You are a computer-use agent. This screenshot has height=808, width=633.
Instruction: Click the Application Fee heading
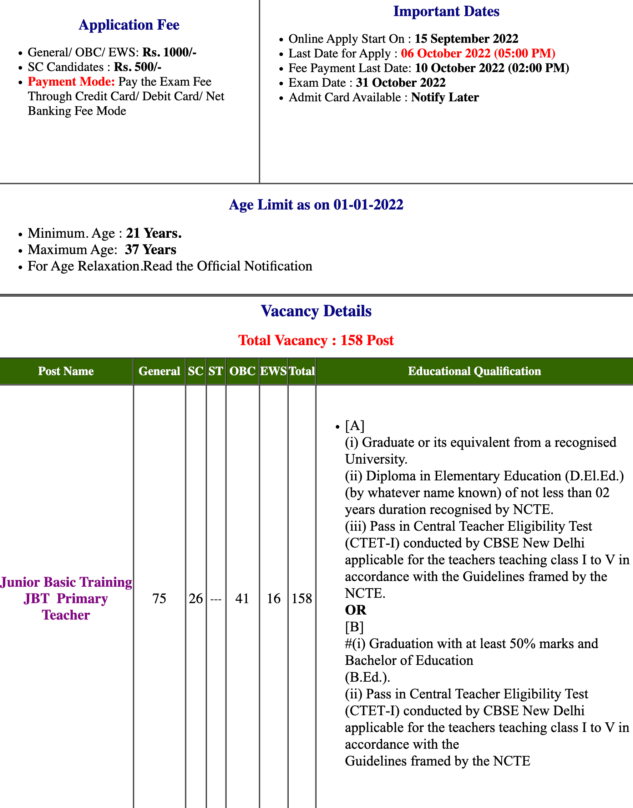point(129,25)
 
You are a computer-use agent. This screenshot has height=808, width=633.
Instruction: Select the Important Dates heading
point(446,11)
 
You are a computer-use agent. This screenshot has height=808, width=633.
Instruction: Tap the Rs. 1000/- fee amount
point(169,52)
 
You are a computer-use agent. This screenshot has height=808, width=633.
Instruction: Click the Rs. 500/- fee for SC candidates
point(137,67)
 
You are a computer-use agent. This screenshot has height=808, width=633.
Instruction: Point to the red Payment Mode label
point(71,81)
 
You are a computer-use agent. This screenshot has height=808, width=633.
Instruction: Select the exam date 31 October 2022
point(401,83)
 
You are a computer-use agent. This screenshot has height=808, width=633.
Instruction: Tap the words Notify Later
point(445,97)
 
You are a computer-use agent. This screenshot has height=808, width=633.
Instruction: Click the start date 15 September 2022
point(466,39)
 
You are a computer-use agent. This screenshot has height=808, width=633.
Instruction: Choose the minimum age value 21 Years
point(153,233)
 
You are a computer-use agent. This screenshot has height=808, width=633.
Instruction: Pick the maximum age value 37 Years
point(151,250)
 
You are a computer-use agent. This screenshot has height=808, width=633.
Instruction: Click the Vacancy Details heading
point(316,311)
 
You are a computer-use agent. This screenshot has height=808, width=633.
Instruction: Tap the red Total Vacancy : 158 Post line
point(316,340)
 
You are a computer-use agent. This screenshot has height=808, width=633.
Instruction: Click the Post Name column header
point(66,371)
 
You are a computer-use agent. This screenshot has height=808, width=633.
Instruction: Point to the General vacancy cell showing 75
point(159,598)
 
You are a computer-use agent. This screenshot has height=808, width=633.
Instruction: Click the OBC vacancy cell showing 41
point(242,598)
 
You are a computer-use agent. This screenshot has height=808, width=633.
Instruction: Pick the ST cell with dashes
point(216,598)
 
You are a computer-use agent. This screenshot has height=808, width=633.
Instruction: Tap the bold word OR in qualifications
point(355,610)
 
